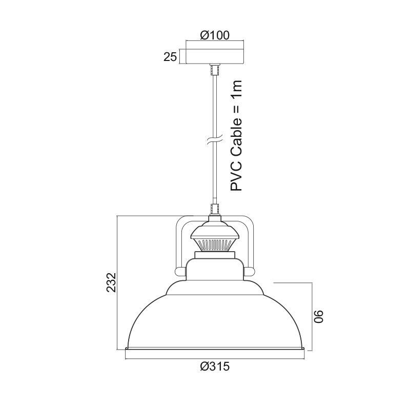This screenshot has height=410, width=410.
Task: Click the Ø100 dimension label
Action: click(215, 35)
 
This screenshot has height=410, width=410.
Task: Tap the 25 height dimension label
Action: click(170, 56)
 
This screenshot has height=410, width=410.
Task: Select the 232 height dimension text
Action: click(111, 282)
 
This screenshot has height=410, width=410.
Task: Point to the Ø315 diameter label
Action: click(215, 366)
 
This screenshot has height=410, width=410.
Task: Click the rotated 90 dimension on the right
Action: click(318, 317)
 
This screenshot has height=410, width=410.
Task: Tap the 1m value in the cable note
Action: click(236, 88)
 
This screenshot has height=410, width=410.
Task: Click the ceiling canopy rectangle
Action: click(215, 56)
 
